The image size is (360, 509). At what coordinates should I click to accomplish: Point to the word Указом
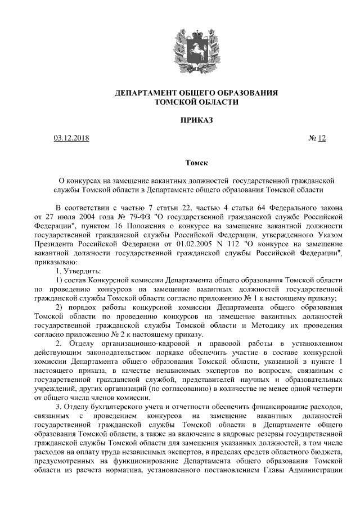pyautogui.click(x=330, y=235)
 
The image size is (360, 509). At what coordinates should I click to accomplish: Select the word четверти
pyautogui.click(x=325, y=388)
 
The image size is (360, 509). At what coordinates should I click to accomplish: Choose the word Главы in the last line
pyautogui.click(x=276, y=469)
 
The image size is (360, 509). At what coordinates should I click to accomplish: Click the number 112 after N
pyautogui.click(x=219, y=244)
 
